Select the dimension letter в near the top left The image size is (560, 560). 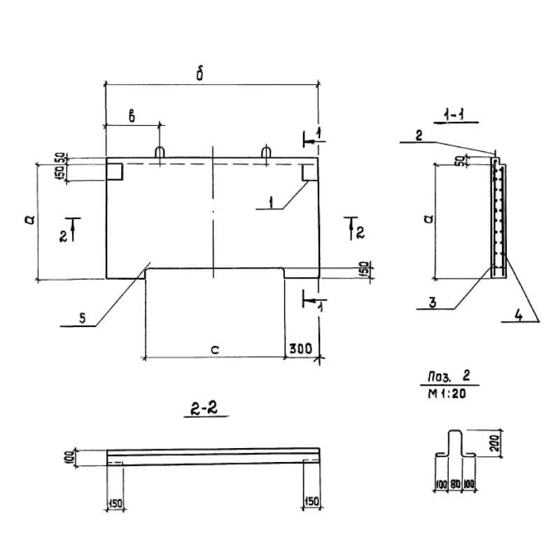pos(132,116)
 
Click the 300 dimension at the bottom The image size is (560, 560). pos(300,348)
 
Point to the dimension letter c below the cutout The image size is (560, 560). pos(215,350)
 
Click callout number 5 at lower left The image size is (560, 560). pos(83,318)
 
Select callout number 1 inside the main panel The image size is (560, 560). pos(272,202)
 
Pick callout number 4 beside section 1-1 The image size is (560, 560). pos(519,315)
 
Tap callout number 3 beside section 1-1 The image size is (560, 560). pos(433,302)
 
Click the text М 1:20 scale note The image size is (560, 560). pos(447,393)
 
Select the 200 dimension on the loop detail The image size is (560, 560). pos(495,443)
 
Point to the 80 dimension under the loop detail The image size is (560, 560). pos(454,484)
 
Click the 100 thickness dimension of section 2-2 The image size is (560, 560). pos(69,458)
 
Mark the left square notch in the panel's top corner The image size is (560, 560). pos(115,171)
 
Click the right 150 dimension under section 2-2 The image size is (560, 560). pos(311,501)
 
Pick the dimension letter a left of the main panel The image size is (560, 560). pos(31,219)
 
